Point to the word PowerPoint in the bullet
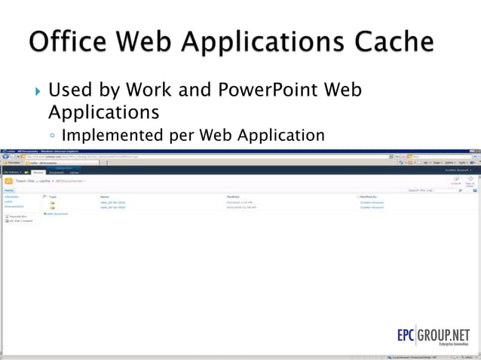pos(270,91)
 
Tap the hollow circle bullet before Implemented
pos(53,137)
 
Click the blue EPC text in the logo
pos(413,334)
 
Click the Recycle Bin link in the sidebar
pos(17,216)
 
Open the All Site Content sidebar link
pos(20,221)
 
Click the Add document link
pos(57,214)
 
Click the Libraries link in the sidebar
pos(11,197)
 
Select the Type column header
pos(54,197)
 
